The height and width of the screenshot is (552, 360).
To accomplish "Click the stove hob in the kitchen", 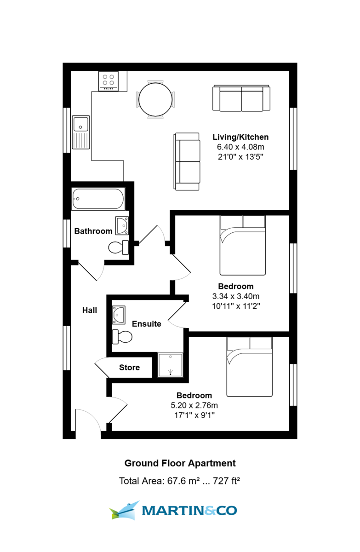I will coord(108,81).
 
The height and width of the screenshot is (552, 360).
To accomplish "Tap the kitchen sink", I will coord(81,132).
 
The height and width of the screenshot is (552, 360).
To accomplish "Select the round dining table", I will coord(155,99).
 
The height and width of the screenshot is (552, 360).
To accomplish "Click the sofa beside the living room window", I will coord(240,98).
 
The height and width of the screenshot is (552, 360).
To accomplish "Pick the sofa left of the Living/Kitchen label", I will coord(188,161).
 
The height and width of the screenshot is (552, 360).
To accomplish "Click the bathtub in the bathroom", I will coord(98,198).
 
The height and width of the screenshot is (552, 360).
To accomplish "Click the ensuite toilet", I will coord(122,337).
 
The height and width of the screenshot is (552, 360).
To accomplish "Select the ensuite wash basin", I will coord(119,315).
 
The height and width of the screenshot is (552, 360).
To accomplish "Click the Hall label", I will coord(90,310).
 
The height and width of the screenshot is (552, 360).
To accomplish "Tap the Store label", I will coord(129,368).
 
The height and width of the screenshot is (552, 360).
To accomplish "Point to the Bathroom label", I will coord(93,231).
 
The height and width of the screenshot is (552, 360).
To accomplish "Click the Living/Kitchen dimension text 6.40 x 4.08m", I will coord(240,147).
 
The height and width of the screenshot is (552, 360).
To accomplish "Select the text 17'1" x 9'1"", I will coord(194,415).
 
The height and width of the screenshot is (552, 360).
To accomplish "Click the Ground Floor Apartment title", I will coord(180,463).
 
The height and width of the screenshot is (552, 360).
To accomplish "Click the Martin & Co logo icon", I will coord(124,510).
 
